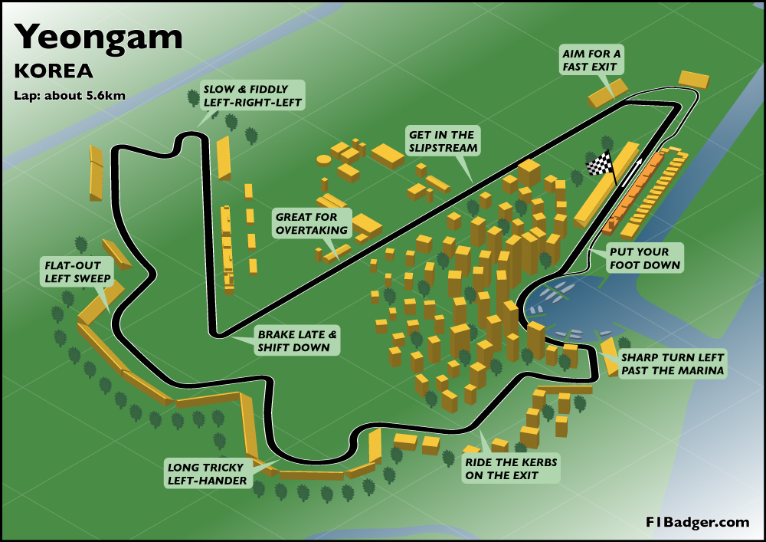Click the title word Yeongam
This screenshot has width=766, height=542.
tap(99, 36)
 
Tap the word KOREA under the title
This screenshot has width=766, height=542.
tap(54, 71)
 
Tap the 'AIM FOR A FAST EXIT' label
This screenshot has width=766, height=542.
tap(592, 61)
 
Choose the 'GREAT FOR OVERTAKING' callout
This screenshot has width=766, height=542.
tap(312, 223)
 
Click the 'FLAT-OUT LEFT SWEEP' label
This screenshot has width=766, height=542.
tap(77, 271)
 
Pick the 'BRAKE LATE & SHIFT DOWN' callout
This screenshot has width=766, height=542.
tap(297, 341)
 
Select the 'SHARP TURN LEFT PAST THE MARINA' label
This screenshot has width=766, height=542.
tap(672, 365)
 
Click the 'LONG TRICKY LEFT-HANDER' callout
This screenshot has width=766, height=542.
tap(206, 474)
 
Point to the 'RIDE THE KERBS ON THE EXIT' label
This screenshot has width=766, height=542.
tap(511, 468)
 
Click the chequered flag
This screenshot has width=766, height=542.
tap(601, 163)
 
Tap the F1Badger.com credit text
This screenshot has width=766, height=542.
tap(696, 522)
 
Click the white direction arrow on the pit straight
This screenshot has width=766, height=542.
tap(633, 174)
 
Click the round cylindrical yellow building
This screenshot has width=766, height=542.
tap(324, 159)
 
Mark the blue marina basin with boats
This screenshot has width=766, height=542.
tap(567, 310)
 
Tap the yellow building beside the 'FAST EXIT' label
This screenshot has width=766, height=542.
tap(607, 92)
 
